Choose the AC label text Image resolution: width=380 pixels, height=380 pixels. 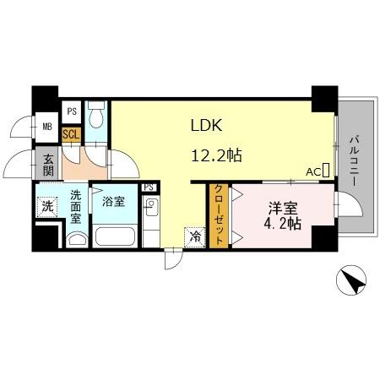312,172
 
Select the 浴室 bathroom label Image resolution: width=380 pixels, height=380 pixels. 113,203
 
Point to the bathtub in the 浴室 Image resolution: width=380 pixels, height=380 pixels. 115,235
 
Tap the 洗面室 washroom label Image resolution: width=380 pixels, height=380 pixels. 75,205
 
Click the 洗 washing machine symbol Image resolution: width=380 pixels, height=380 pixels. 47,207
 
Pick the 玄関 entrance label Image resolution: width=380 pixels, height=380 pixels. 47,163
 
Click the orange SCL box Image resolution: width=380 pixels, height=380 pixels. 72,134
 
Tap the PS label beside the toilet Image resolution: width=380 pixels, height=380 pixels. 72,111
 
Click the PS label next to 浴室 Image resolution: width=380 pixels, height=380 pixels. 149,187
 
